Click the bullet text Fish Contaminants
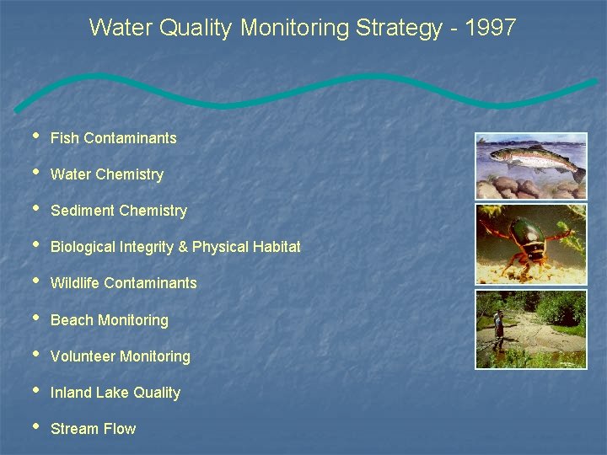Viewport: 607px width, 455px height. point(113,138)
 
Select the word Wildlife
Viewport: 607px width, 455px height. point(74,283)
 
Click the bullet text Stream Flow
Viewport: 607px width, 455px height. point(93,429)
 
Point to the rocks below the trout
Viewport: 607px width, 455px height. point(523,187)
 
